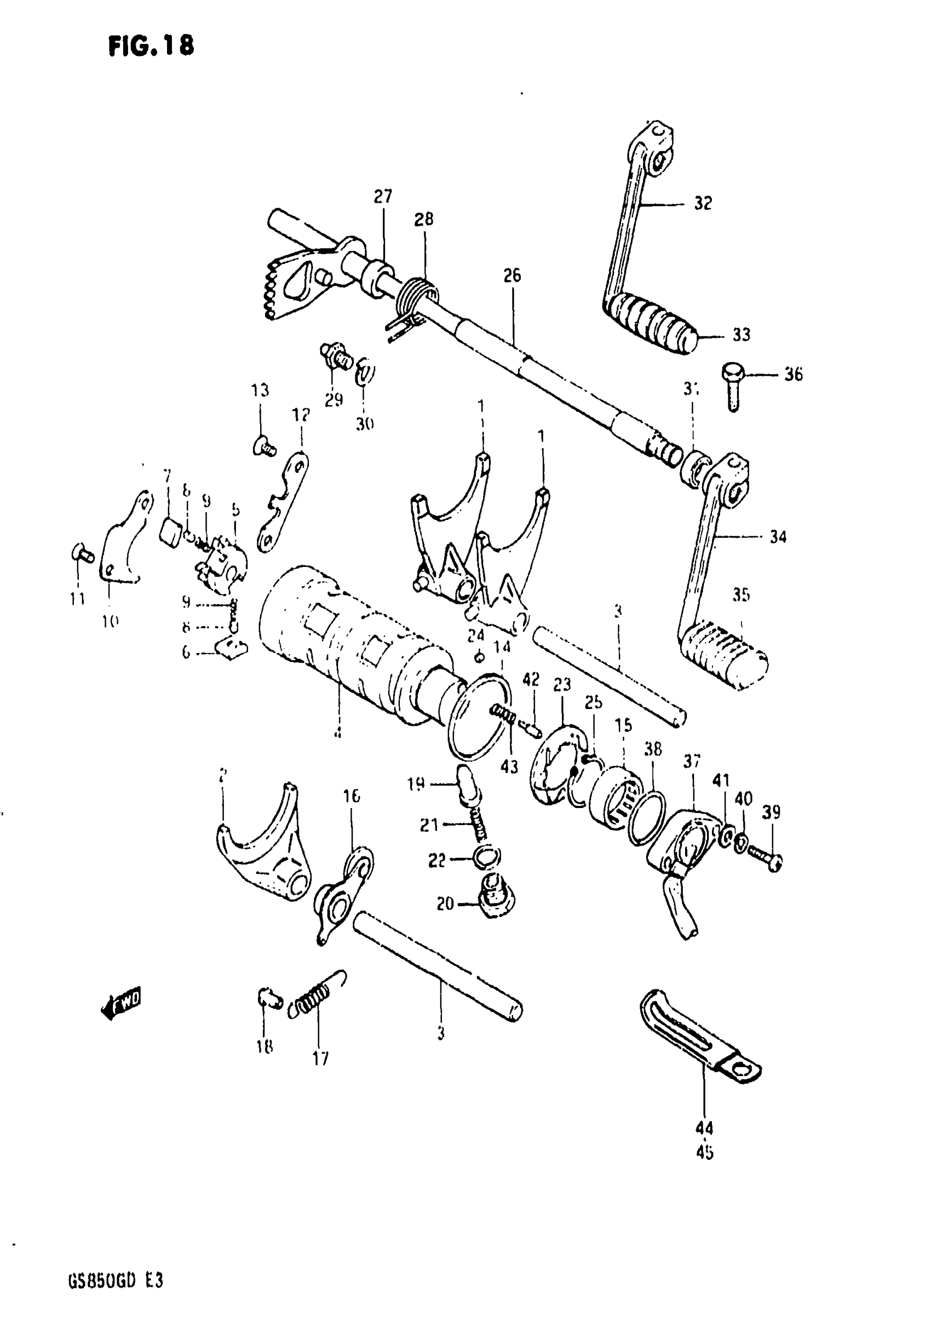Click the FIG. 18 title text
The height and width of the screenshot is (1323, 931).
tap(151, 46)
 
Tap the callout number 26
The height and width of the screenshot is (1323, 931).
tap(512, 276)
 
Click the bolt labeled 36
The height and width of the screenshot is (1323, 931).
tap(732, 386)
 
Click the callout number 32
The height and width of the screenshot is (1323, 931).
tap(703, 203)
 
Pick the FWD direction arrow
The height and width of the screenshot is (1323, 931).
tap(122, 1005)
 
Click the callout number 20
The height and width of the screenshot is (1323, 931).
tap(445, 904)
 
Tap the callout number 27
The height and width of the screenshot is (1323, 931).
tap(383, 197)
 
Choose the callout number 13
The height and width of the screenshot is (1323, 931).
tap(260, 391)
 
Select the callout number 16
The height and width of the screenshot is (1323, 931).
tap(352, 797)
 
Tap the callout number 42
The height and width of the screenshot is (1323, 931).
tap(531, 680)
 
